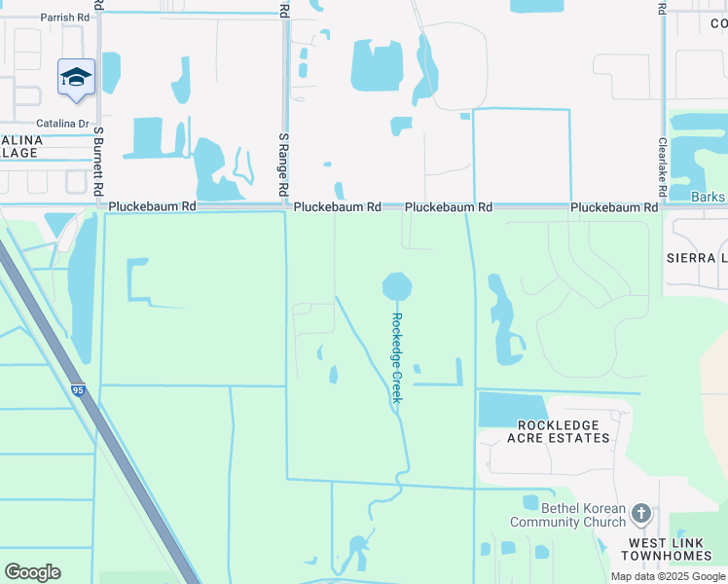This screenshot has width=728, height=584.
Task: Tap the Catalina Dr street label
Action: (x=62, y=124)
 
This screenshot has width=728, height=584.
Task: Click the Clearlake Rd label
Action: (x=662, y=164)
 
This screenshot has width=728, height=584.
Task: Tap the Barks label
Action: (x=708, y=198)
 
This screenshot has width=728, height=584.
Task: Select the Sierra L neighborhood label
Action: (x=696, y=258)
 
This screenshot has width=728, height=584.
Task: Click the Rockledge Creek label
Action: (x=397, y=357)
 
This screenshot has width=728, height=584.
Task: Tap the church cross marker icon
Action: (x=640, y=512)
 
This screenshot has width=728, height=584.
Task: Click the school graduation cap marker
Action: (x=76, y=78)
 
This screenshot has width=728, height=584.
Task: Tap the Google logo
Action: (x=32, y=572)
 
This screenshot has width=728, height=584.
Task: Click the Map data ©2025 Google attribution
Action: (x=668, y=576)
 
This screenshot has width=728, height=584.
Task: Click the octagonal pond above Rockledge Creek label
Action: (x=397, y=287)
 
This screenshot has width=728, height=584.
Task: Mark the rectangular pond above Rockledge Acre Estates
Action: (x=513, y=410)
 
